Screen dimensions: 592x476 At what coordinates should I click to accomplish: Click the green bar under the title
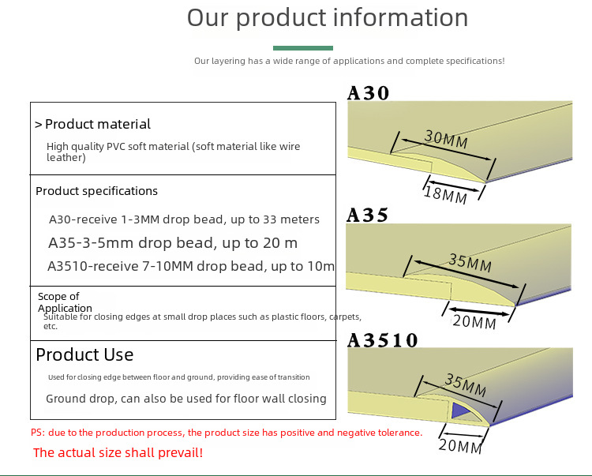click(303, 48)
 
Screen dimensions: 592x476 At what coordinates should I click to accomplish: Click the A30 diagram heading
click(368, 93)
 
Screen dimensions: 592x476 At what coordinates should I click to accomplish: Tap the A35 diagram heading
click(367, 216)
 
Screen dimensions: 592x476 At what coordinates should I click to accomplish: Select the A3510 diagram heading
click(383, 340)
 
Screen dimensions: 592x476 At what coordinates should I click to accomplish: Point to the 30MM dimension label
click(446, 139)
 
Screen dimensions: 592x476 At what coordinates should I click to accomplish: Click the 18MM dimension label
click(445, 195)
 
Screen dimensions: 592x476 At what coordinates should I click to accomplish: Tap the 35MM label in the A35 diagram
click(470, 263)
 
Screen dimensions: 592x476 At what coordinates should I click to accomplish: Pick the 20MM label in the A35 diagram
click(474, 322)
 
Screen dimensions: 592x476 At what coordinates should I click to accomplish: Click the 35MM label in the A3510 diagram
click(466, 385)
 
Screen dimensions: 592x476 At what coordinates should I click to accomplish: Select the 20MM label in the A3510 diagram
click(460, 446)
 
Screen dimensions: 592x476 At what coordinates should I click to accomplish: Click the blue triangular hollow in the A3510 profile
click(459, 410)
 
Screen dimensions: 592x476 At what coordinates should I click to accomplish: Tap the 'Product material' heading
click(98, 124)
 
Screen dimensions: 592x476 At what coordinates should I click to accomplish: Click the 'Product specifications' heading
click(96, 191)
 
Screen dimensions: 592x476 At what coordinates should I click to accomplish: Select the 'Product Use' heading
click(84, 355)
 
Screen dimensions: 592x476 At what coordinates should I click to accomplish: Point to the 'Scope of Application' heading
click(65, 302)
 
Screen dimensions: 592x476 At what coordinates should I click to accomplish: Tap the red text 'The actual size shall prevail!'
click(118, 452)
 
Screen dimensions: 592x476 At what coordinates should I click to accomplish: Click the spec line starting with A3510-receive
click(191, 266)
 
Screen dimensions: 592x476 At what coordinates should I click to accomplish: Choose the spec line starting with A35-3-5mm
click(173, 242)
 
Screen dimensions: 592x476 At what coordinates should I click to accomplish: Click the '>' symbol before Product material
click(38, 125)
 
